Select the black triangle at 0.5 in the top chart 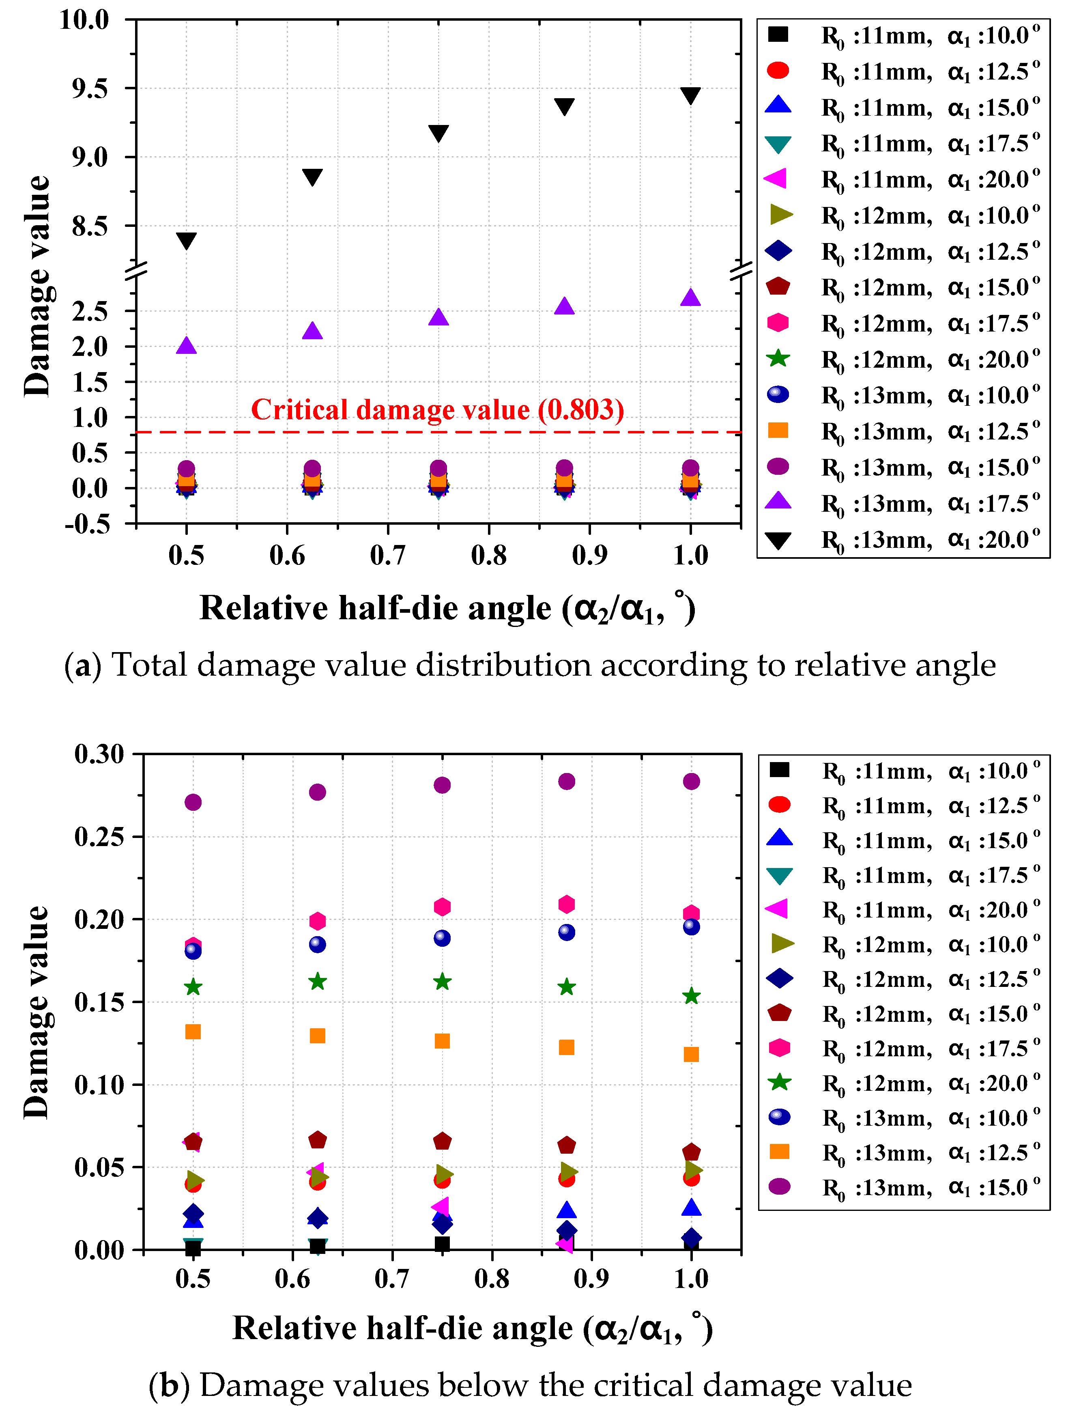pos(186,241)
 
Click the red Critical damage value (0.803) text pos(437,409)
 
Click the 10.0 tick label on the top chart pos(84,19)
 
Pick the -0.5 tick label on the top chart pos(88,523)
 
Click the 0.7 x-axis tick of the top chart pos(387,555)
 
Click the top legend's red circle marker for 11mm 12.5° pos(778,70)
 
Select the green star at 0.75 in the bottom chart pos(442,981)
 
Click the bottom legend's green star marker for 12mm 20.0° pos(779,1082)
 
